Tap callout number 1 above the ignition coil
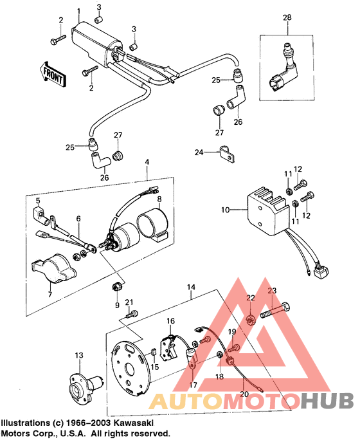coord(78,12)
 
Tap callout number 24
coord(199,152)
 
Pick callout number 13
coord(79,355)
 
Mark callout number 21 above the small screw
coord(129,302)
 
